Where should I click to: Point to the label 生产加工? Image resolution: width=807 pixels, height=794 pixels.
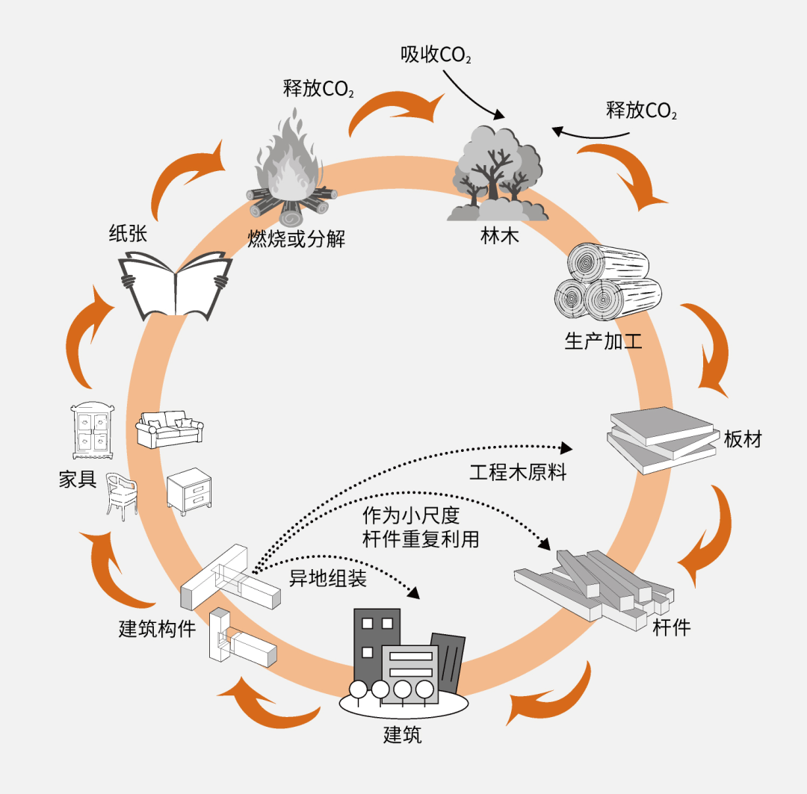point(602,342)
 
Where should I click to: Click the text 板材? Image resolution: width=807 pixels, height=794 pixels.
point(743,438)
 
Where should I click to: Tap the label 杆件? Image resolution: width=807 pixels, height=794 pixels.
point(672,627)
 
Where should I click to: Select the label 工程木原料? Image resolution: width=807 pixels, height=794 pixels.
point(518,472)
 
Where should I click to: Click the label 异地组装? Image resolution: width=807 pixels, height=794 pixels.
point(328,579)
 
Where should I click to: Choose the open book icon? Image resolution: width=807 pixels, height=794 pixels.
point(176,285)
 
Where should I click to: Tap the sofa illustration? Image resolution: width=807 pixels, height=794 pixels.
point(169,429)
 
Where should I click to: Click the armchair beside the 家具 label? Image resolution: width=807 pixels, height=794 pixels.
point(121,494)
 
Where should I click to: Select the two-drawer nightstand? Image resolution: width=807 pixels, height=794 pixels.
point(189,491)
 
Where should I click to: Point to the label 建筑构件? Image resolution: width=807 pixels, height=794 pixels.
point(157,629)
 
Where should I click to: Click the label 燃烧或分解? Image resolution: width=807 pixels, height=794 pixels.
point(297,239)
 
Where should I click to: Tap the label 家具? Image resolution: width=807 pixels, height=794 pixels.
point(78,479)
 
